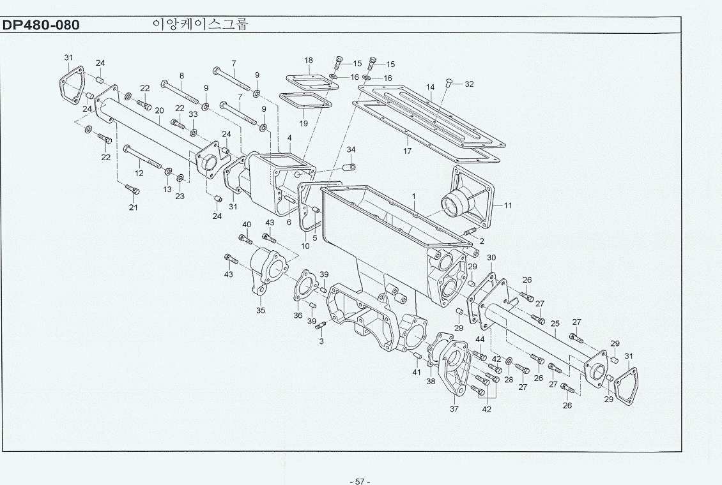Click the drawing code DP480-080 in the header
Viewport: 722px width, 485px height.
pyautogui.click(x=40, y=25)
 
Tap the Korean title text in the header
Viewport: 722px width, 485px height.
pyautogui.click(x=200, y=24)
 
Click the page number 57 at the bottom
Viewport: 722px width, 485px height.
pyautogui.click(x=360, y=481)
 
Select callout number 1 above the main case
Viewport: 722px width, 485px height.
pyautogui.click(x=413, y=197)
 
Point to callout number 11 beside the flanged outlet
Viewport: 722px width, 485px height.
pyautogui.click(x=507, y=205)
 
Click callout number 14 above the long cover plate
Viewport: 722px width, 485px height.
pyautogui.click(x=431, y=87)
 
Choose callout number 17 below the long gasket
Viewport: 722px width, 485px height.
pyautogui.click(x=407, y=151)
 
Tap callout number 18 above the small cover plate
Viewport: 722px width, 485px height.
pyautogui.click(x=309, y=60)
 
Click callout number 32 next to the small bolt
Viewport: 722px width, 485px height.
pyautogui.click(x=469, y=84)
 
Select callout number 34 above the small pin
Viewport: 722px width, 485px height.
pyautogui.click(x=351, y=149)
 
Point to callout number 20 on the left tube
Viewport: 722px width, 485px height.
pyautogui.click(x=159, y=110)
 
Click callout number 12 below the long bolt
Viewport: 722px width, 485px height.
pyautogui.click(x=139, y=174)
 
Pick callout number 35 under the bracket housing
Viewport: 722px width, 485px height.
pyautogui.click(x=261, y=310)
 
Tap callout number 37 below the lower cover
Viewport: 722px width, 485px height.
pyautogui.click(x=454, y=408)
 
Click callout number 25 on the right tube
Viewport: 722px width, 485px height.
pyautogui.click(x=555, y=324)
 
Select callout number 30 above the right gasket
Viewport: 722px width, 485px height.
pyautogui.click(x=491, y=257)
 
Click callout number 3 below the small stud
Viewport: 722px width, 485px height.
pyautogui.click(x=321, y=341)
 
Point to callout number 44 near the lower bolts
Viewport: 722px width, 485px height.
pyautogui.click(x=480, y=339)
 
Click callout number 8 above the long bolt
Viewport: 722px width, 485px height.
pyautogui.click(x=182, y=76)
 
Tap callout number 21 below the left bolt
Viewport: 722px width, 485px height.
pyautogui.click(x=133, y=207)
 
